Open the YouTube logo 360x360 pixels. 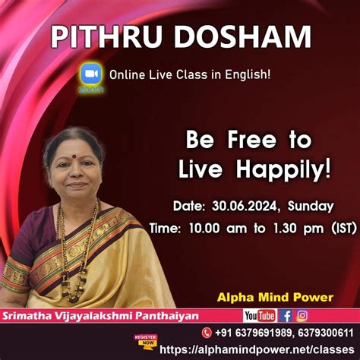pyautogui.click(x=260, y=315)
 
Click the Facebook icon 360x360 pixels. pyautogui.click(x=286, y=315)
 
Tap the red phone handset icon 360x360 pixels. pyautogui.click(x=206, y=333)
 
